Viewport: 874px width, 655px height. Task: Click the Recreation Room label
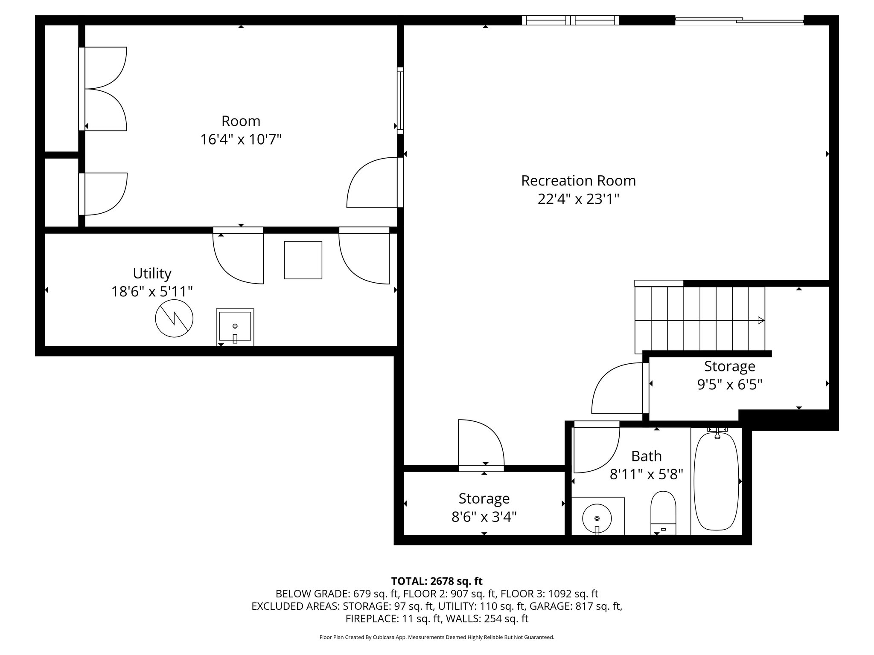tap(578, 181)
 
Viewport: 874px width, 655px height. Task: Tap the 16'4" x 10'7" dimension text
tap(241, 139)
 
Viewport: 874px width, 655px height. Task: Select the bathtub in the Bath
tap(717, 481)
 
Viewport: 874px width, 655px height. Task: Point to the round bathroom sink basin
tap(597, 518)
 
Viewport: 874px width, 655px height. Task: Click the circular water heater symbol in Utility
tap(174, 318)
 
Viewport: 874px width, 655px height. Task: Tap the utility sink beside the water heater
tap(235, 327)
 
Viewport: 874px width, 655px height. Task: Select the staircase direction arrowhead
tap(760, 320)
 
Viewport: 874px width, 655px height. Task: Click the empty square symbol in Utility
tap(303, 260)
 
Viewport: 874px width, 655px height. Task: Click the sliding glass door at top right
tap(740, 20)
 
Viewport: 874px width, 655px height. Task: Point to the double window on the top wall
tap(571, 20)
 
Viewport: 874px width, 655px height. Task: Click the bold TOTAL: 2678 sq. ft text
tap(437, 581)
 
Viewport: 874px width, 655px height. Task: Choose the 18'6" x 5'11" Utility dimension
tap(152, 292)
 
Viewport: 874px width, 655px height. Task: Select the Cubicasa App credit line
tap(437, 637)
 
